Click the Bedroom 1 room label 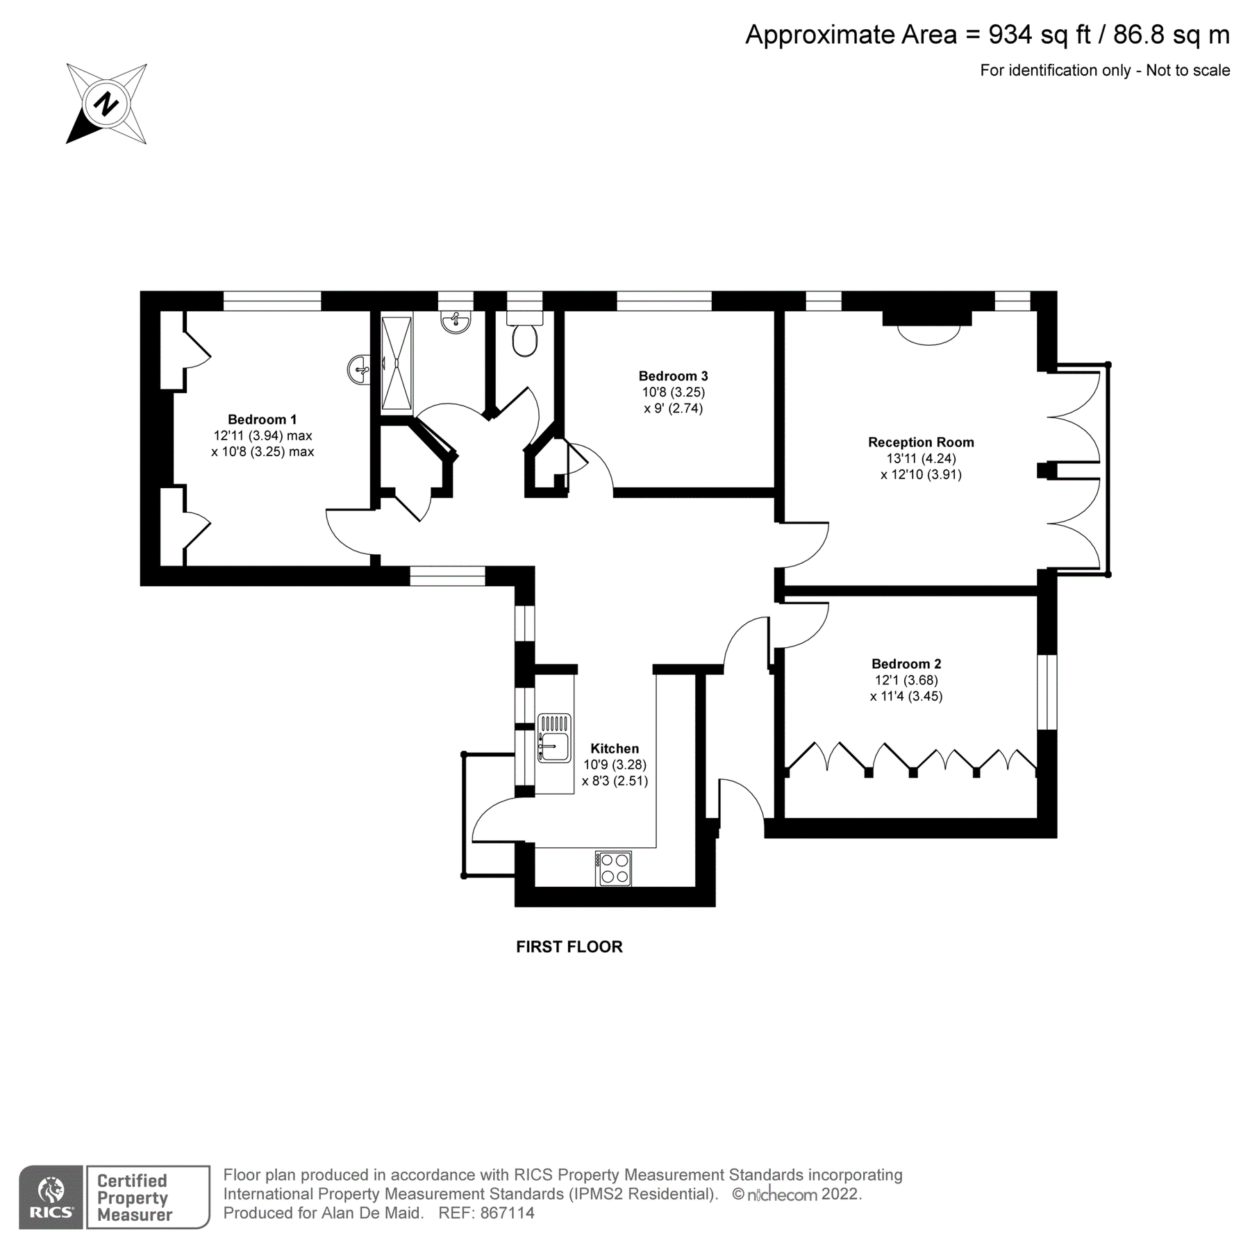[262, 419]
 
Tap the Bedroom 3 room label [673, 376]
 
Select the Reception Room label [921, 442]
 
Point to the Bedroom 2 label [906, 664]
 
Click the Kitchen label [615, 749]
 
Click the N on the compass [106, 104]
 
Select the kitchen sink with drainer [553, 737]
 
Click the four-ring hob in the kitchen [614, 868]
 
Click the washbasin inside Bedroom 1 [359, 369]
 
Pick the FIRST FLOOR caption [569, 947]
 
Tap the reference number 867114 [507, 1213]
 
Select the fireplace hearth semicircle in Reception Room [928, 335]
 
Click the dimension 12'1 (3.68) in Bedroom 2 [906, 680]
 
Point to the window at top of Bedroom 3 [664, 301]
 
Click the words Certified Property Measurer [133, 1198]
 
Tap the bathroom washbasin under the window [456, 322]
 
